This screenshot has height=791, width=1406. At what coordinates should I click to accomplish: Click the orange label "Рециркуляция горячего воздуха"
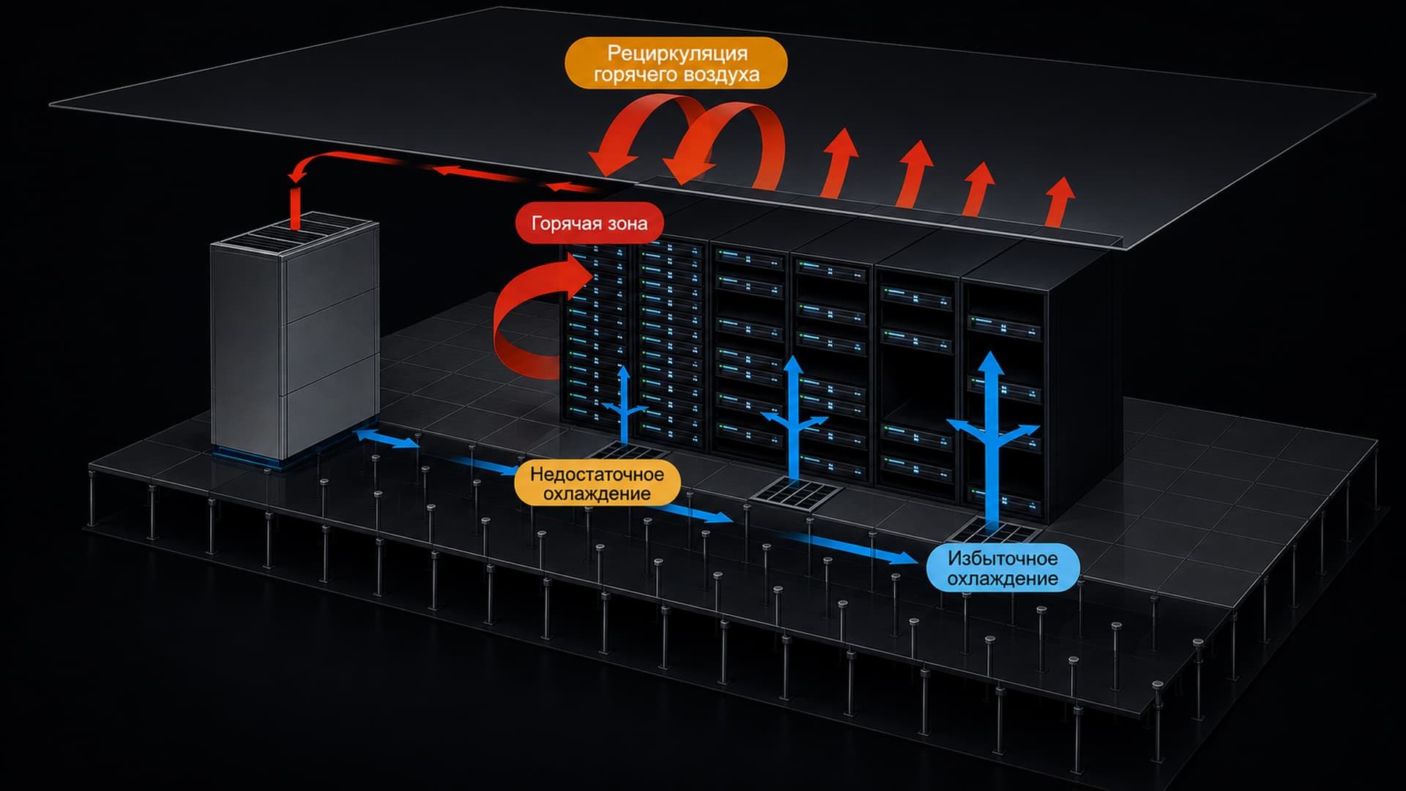point(676,64)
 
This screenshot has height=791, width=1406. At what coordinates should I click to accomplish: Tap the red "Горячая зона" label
point(589,223)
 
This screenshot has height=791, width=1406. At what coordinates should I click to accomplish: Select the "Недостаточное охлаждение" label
point(597,483)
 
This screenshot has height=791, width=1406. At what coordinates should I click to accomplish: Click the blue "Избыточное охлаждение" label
point(1003,568)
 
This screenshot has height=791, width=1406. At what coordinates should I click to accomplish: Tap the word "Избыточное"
point(1003,558)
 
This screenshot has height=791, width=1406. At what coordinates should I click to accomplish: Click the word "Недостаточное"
point(597,474)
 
